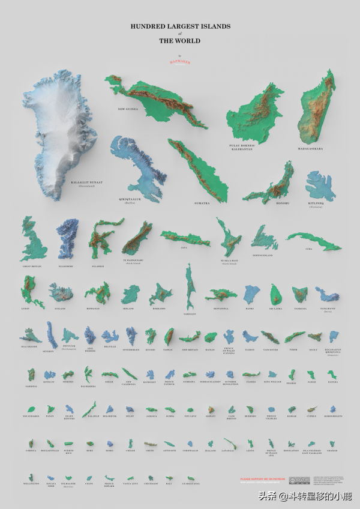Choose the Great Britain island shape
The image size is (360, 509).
click(33, 240)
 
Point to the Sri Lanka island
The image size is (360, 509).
click(275, 293)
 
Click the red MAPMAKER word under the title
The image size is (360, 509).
click(180, 61)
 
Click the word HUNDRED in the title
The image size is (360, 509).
click(148, 26)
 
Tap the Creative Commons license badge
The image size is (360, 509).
click(299, 480)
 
